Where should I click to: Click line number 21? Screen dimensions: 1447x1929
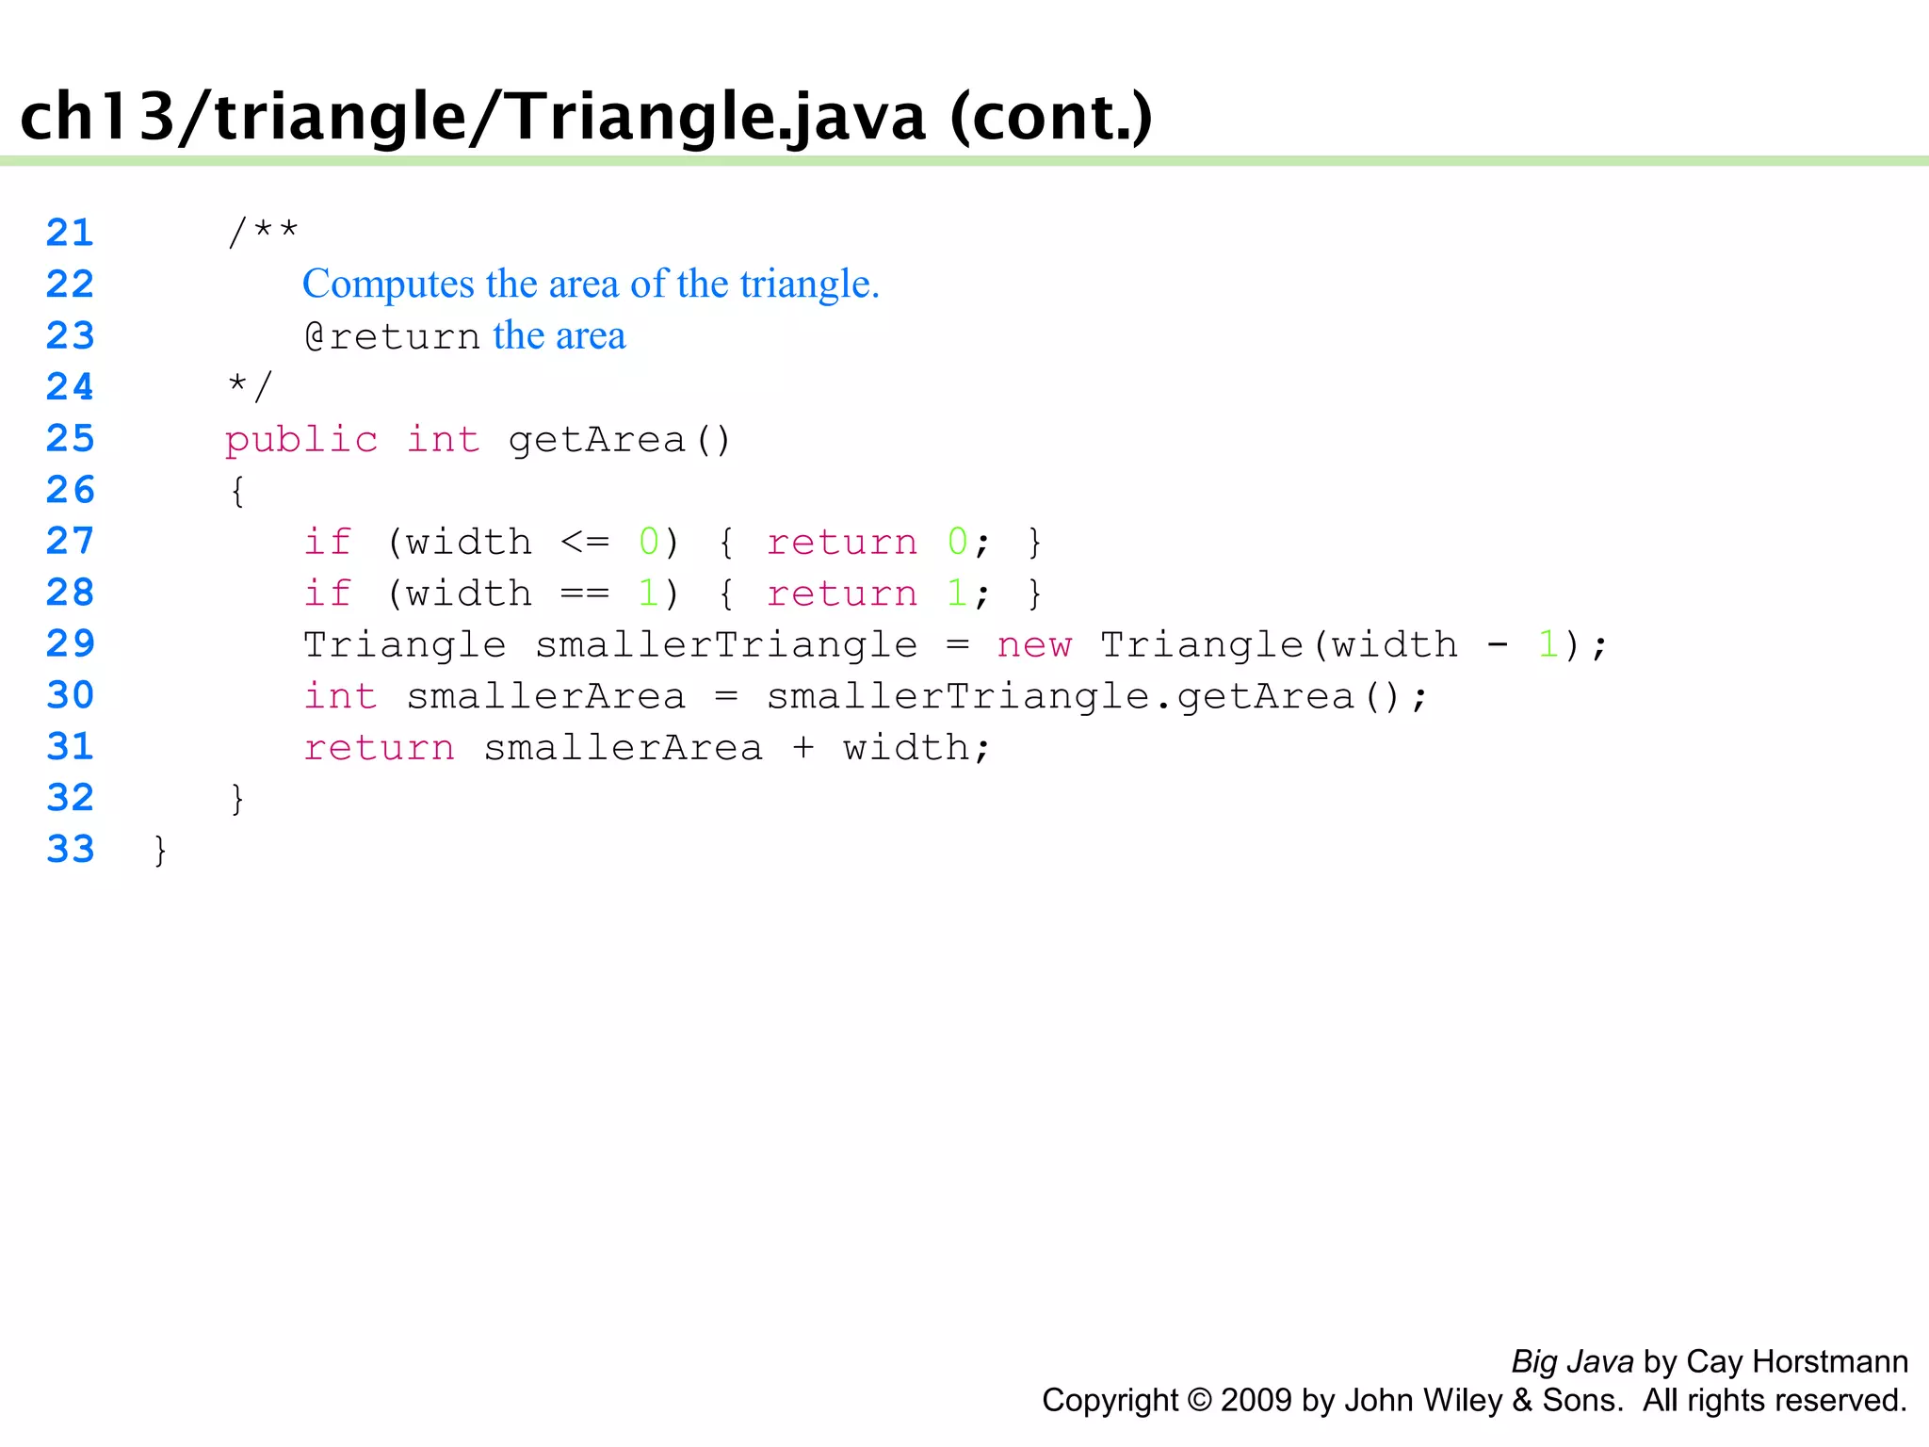(x=70, y=233)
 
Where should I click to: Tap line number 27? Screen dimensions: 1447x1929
(x=70, y=541)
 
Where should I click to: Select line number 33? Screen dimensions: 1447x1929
(x=70, y=849)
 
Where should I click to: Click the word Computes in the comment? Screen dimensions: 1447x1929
(x=388, y=285)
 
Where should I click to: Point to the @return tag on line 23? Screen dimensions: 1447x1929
(x=392, y=336)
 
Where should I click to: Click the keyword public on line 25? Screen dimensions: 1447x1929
(x=301, y=439)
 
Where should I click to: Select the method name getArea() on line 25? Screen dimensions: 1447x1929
(x=619, y=440)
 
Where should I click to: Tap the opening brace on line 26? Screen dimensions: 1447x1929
(x=237, y=491)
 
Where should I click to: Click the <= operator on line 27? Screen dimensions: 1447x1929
(x=585, y=542)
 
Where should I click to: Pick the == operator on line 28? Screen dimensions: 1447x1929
(x=585, y=593)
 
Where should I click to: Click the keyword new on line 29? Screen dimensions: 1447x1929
(x=1034, y=645)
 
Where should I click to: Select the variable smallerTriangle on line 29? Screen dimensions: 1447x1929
(x=726, y=645)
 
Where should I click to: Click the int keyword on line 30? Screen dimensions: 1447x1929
(x=340, y=696)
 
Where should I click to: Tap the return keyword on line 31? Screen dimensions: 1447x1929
(x=379, y=748)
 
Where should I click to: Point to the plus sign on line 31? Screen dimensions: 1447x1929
(x=802, y=748)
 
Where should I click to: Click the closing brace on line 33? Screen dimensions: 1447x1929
(x=160, y=850)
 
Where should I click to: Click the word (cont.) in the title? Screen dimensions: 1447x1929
(x=1051, y=117)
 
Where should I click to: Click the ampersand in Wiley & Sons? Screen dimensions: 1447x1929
(x=1522, y=1401)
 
